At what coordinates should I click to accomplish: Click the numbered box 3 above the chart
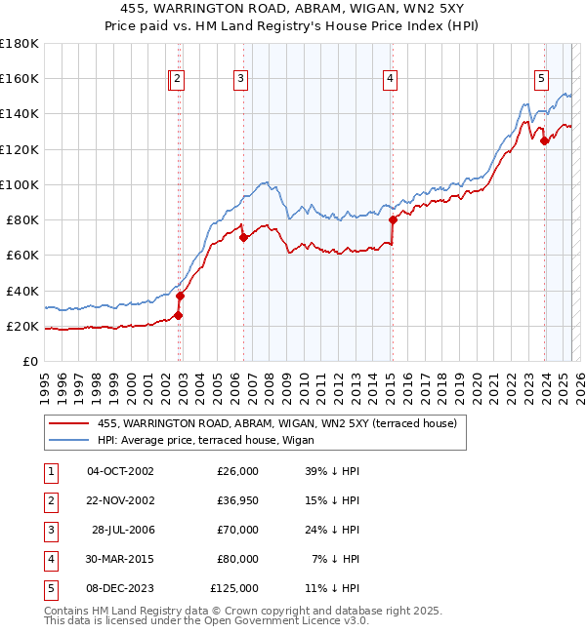pyautogui.click(x=240, y=80)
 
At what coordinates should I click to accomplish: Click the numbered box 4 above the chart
pyautogui.click(x=390, y=80)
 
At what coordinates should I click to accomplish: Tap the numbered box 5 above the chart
pyautogui.click(x=541, y=80)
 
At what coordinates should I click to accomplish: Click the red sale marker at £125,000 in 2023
pyautogui.click(x=544, y=140)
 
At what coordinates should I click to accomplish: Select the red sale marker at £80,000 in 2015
pyautogui.click(x=393, y=219)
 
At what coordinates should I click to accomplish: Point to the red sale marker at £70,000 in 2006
pyautogui.click(x=243, y=237)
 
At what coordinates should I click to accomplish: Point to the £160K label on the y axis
pyautogui.click(x=20, y=78)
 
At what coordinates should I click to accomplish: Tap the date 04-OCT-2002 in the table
pyautogui.click(x=120, y=471)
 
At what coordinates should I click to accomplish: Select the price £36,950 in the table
pyautogui.click(x=234, y=500)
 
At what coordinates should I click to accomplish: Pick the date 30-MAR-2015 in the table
pyautogui.click(x=120, y=559)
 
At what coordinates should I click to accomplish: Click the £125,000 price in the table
pyautogui.click(x=234, y=588)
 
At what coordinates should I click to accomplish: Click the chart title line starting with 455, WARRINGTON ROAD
pyautogui.click(x=293, y=10)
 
